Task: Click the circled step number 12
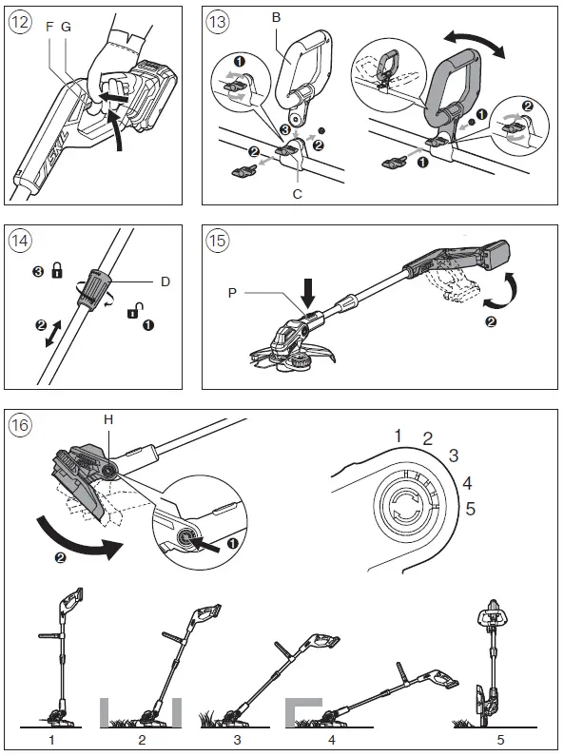(x=20, y=22)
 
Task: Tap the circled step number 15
(x=218, y=240)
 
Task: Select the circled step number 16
(x=20, y=425)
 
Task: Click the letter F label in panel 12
(x=49, y=27)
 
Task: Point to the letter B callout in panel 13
(x=276, y=18)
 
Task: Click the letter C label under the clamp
(x=298, y=194)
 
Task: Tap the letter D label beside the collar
(x=165, y=281)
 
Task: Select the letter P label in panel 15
(x=232, y=293)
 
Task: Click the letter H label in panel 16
(x=108, y=420)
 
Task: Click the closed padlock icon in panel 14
(x=57, y=270)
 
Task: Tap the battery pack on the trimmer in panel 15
(x=496, y=254)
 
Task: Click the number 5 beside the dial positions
(x=470, y=508)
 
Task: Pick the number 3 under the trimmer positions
(x=237, y=739)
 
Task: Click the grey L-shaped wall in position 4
(x=299, y=711)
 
